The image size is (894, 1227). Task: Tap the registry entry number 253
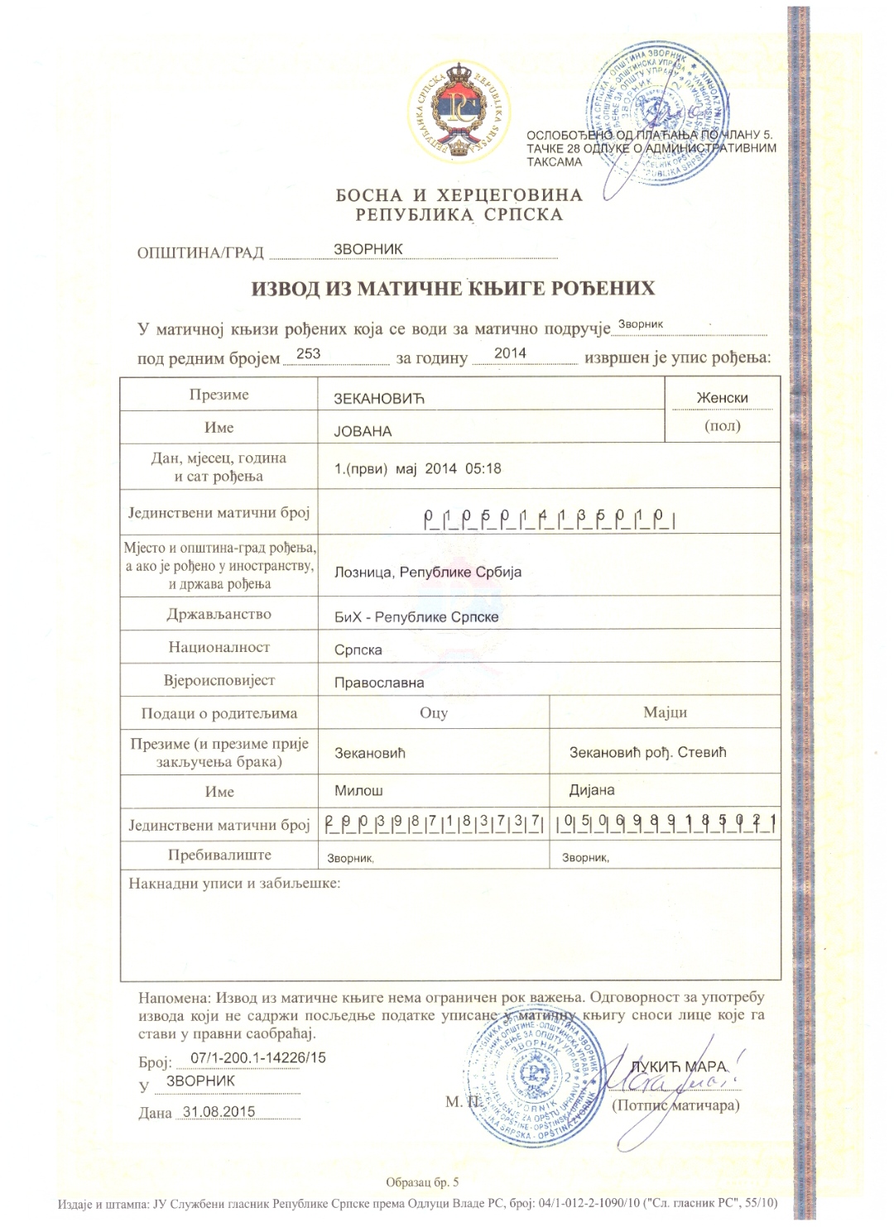[x=308, y=353]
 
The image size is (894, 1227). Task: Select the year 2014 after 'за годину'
[x=510, y=353]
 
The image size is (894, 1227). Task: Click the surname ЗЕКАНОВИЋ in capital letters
[x=378, y=399]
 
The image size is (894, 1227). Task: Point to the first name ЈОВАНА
[x=363, y=431]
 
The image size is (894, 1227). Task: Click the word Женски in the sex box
[x=722, y=398]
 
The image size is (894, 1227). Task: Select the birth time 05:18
[x=483, y=468]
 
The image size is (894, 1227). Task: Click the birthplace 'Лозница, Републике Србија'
[x=427, y=572]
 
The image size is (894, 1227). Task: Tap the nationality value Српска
[x=358, y=650]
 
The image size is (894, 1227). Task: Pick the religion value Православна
[x=378, y=683]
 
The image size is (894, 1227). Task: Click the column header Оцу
[x=434, y=712]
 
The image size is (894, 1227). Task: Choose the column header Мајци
[x=665, y=712]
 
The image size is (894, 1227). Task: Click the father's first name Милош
[x=358, y=790]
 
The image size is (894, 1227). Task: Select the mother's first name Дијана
[x=591, y=790]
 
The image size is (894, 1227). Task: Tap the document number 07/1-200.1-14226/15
[x=258, y=1057]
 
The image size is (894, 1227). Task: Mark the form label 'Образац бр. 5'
[x=422, y=1182]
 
